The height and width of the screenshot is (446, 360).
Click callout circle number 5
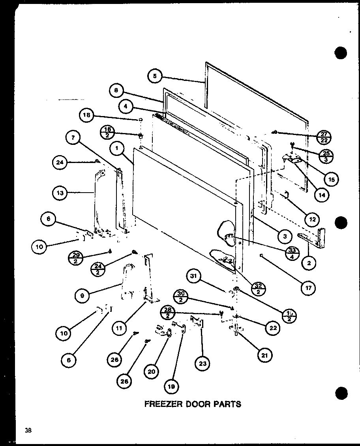click(155, 76)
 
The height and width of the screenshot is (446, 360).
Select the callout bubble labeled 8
click(116, 90)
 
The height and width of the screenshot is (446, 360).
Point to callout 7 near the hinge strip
click(73, 138)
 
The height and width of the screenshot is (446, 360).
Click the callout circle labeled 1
click(117, 148)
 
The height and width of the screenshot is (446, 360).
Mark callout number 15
click(330, 180)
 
